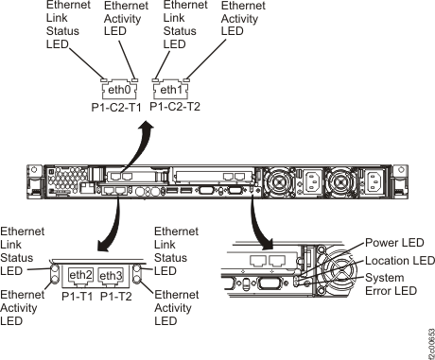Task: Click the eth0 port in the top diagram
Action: (x=115, y=91)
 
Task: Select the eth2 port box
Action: (x=80, y=275)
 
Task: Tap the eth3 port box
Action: (x=112, y=275)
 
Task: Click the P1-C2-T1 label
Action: (x=115, y=107)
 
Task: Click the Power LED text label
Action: (x=387, y=243)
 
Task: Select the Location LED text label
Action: (x=395, y=260)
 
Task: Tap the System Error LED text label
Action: (x=390, y=283)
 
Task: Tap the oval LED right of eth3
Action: (x=136, y=275)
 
